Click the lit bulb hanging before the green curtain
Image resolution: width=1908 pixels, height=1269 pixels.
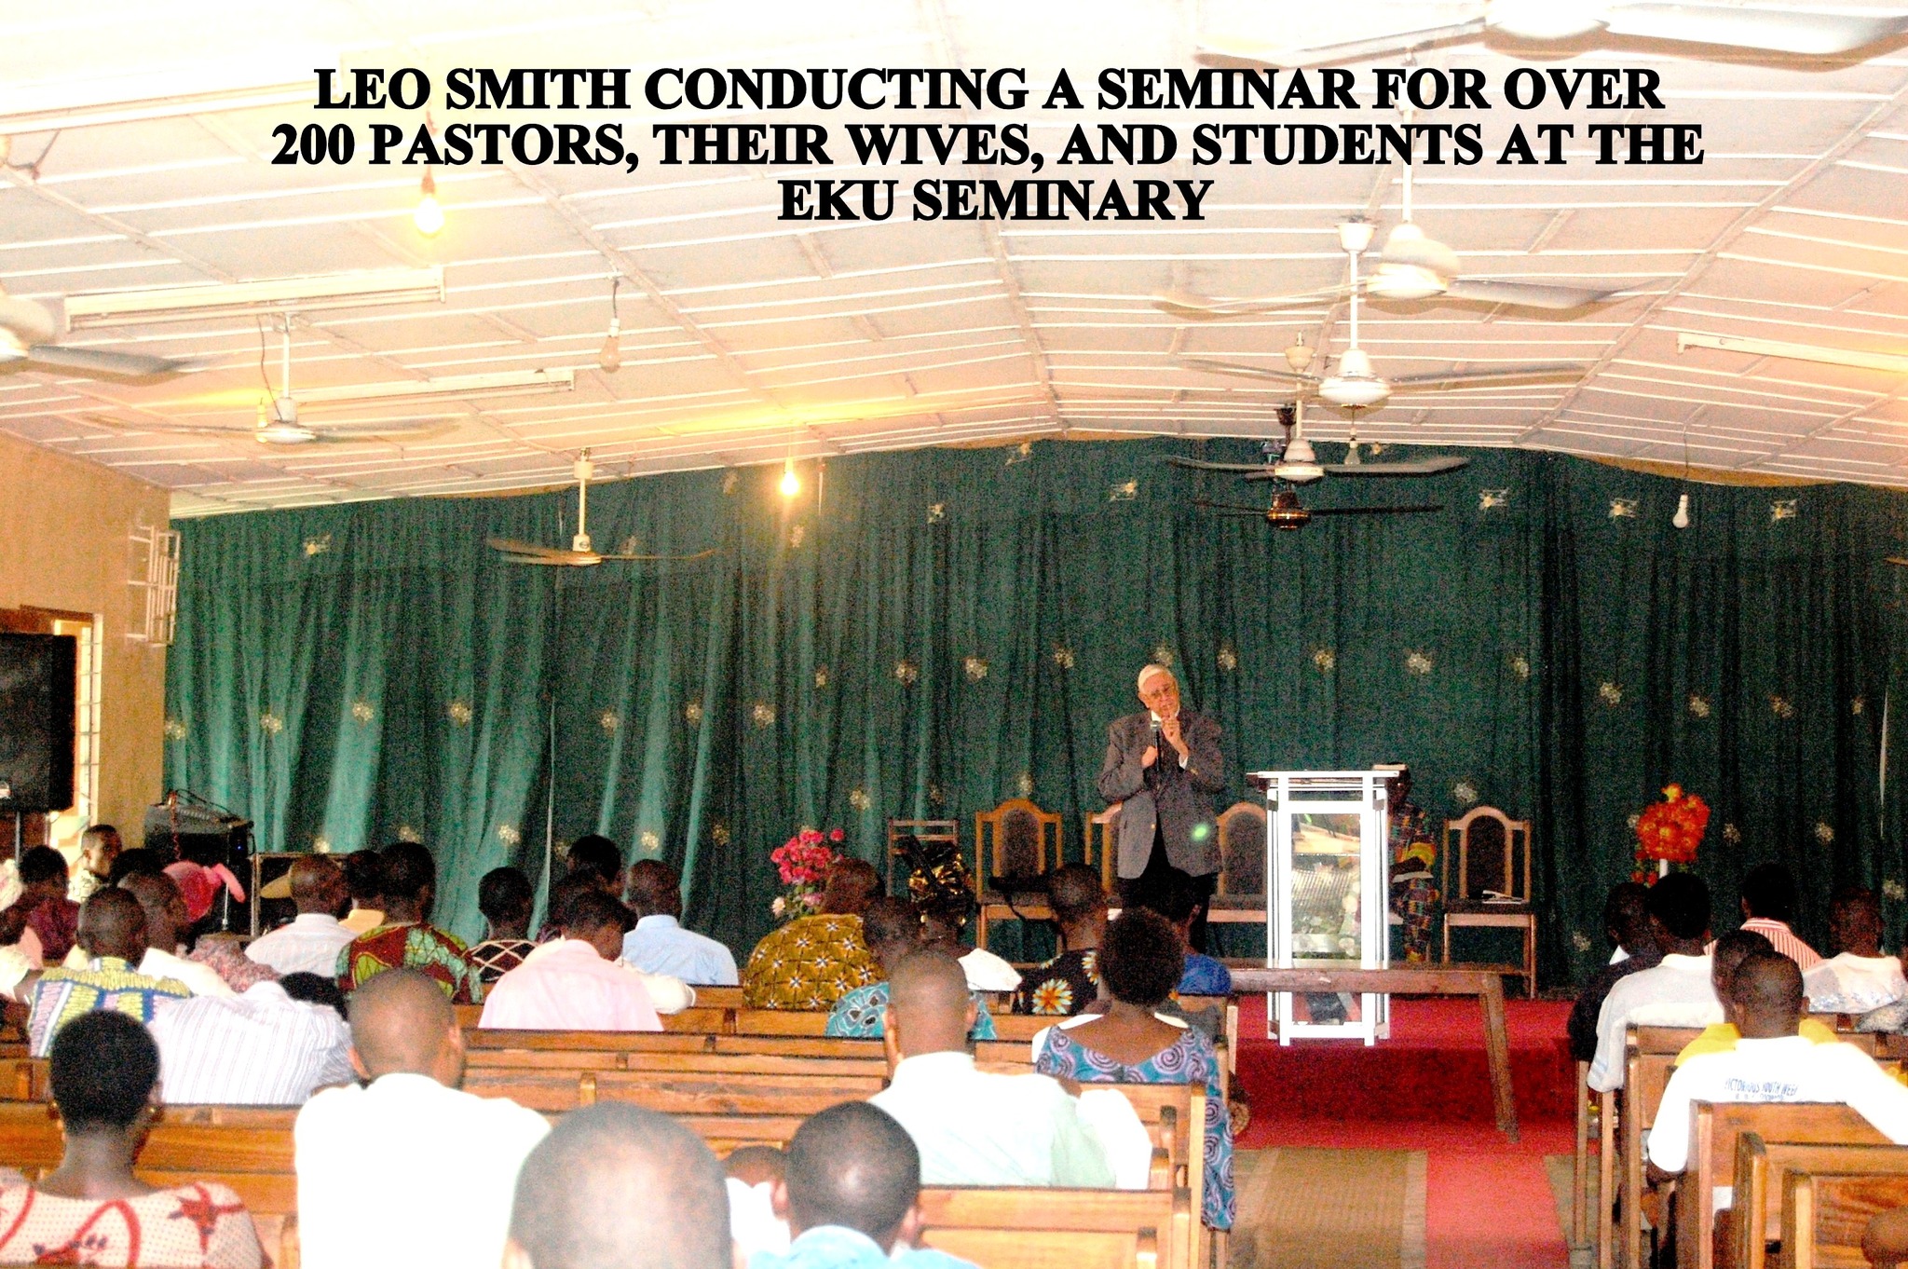pos(789,481)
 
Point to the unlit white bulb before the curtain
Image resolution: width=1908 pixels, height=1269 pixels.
pos(1681,512)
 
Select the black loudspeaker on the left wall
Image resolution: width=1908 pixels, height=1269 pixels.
pos(35,722)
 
